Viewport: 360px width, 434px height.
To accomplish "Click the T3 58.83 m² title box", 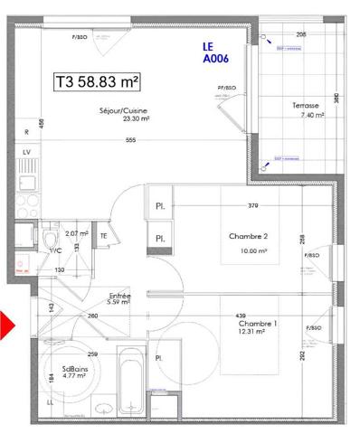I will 98,81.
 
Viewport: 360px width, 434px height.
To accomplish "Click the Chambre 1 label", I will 257,323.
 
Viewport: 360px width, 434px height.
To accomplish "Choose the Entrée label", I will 120,295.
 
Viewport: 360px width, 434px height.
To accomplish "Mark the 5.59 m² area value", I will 120,303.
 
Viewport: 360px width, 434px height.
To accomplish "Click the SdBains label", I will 74,368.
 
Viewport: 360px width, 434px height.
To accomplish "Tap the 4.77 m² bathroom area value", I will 74,376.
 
